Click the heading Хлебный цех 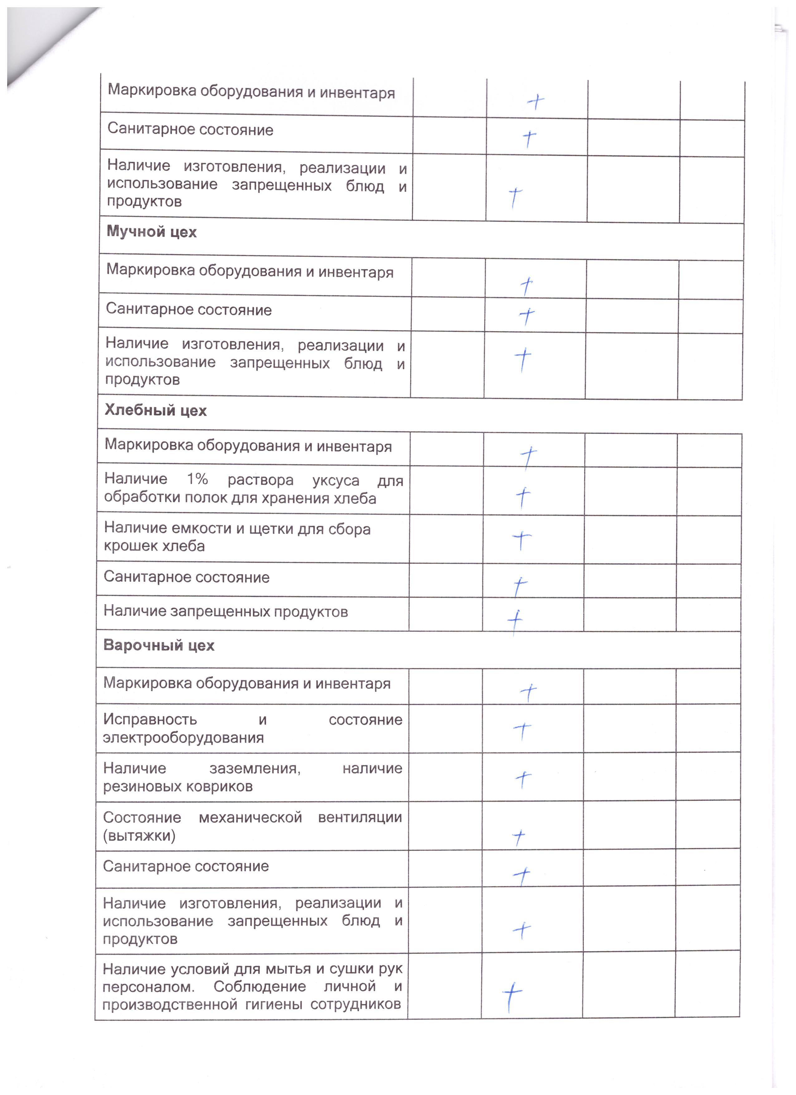(155, 411)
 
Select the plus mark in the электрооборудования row (522, 732)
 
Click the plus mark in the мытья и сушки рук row (512, 995)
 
